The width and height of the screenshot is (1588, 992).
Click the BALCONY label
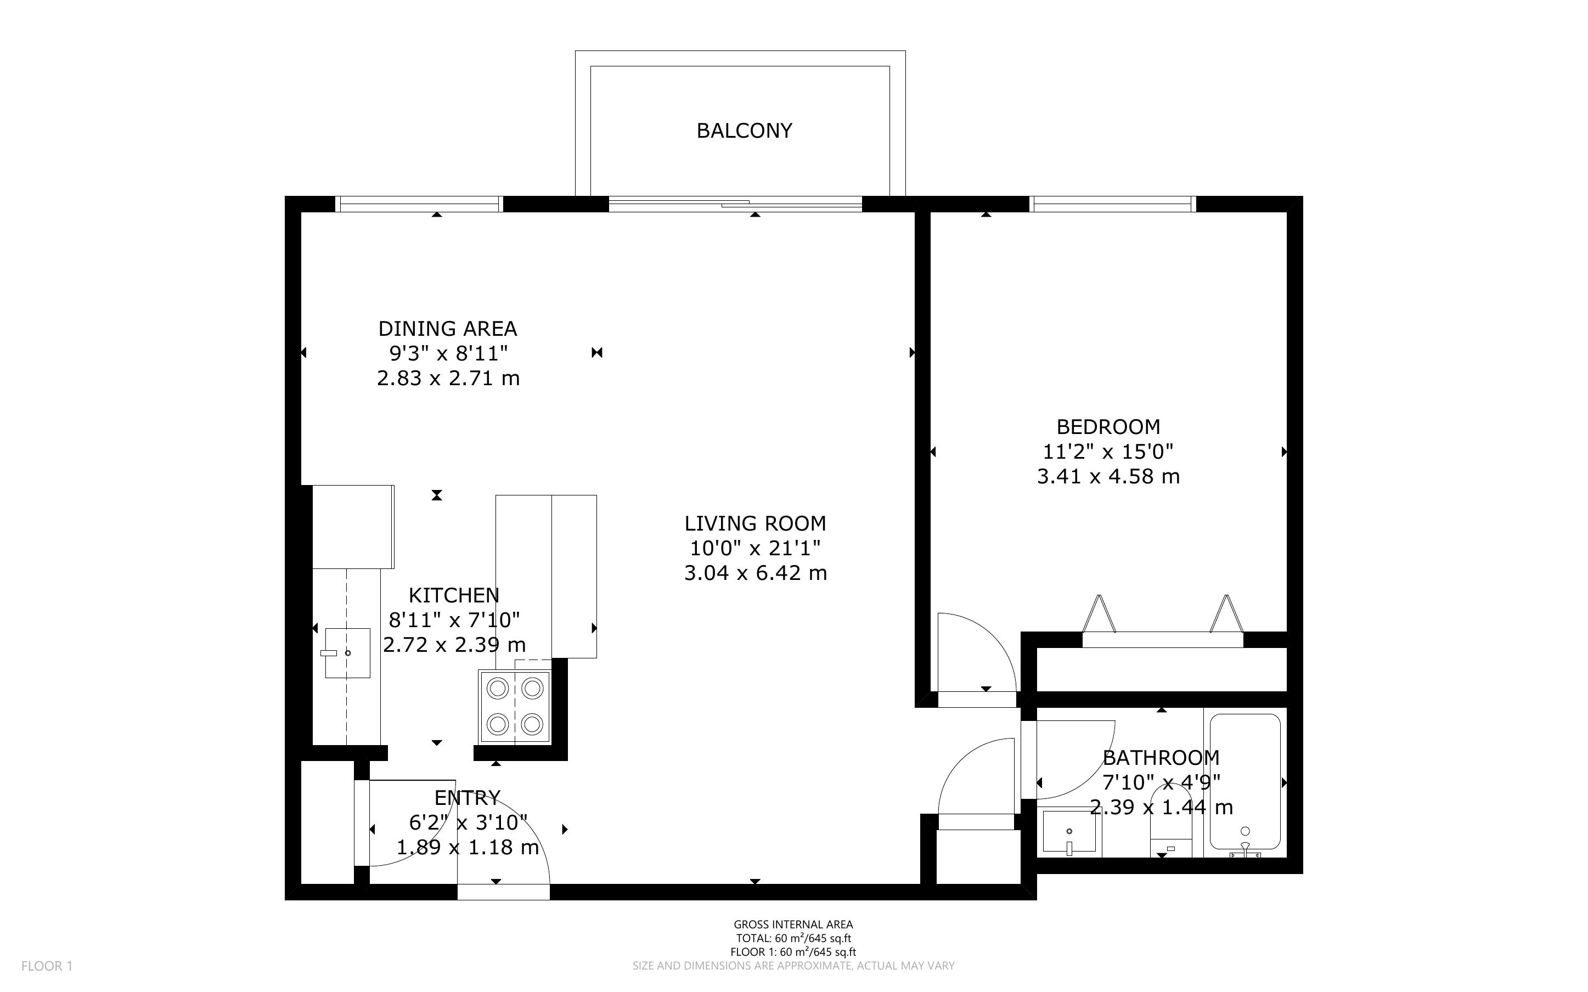744,131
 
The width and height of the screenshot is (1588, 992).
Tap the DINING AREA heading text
448,329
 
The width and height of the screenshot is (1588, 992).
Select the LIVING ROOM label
755,523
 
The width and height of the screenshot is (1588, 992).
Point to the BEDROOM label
1108,427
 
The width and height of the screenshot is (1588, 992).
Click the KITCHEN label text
454,596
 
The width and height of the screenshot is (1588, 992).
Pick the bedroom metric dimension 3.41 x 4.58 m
1108,476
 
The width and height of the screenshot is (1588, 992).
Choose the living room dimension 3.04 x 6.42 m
755,573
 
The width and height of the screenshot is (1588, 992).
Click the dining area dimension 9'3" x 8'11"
449,354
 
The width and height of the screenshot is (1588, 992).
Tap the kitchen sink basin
348,653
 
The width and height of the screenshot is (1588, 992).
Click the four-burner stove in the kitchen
515,707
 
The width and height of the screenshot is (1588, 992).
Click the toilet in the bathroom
1171,824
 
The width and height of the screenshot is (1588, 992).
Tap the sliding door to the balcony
735,204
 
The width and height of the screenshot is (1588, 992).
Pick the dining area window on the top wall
419,204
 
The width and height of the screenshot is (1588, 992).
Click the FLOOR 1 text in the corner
47,966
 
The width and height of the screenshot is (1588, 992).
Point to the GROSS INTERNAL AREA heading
793,925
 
